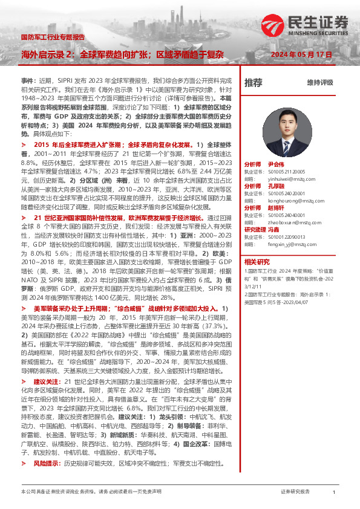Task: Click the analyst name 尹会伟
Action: [275, 164]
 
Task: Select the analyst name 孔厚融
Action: [275, 186]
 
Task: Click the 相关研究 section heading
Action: [257, 262]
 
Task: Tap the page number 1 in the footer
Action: [334, 493]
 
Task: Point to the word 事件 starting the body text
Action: [28, 79]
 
